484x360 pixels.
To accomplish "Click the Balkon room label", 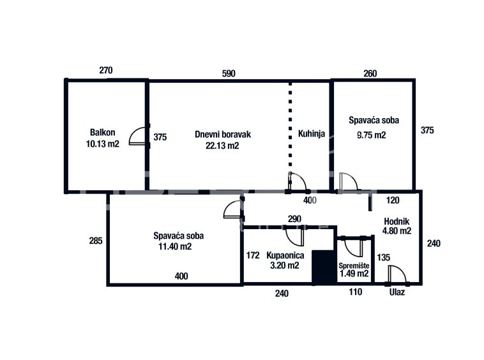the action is click(102, 132).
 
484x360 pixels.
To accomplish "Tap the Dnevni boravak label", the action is click(223, 135).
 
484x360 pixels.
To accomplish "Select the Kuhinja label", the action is click(312, 133).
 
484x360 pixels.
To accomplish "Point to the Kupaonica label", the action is click(285, 255).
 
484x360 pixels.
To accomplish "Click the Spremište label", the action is click(354, 266).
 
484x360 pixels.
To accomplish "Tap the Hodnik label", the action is click(397, 221).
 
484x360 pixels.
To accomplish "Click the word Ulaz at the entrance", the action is click(397, 292).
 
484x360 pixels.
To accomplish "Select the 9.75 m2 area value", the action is click(372, 135).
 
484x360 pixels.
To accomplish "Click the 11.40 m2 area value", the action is click(175, 246).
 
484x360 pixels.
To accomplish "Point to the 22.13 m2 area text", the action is click(222, 146).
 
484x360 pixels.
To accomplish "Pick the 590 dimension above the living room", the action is click(229, 73).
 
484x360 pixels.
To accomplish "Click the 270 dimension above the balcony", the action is click(106, 70).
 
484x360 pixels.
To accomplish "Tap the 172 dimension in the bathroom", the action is click(253, 255).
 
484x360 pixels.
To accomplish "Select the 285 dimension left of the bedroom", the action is click(96, 241).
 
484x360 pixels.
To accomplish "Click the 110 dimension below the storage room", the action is click(356, 292).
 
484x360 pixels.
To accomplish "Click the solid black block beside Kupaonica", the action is click(324, 267).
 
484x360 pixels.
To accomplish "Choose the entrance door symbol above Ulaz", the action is click(397, 274).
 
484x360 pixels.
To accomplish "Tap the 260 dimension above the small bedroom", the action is click(370, 73).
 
